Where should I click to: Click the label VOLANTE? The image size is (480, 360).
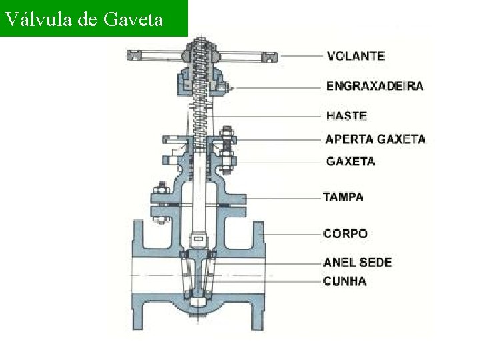[355, 55]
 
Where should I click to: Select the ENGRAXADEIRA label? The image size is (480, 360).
[374, 86]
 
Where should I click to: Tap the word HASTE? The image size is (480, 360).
[346, 115]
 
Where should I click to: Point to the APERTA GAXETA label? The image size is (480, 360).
[375, 139]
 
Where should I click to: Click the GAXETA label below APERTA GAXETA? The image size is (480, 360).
[350, 161]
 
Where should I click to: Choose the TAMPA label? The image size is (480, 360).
[343, 197]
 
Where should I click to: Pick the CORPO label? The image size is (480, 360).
[345, 234]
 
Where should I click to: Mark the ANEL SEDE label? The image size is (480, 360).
[357, 262]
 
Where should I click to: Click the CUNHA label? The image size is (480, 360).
[345, 281]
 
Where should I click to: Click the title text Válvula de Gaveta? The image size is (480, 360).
[83, 19]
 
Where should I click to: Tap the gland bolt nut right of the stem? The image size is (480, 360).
[226, 141]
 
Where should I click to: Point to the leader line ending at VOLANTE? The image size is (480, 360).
[300, 55]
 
